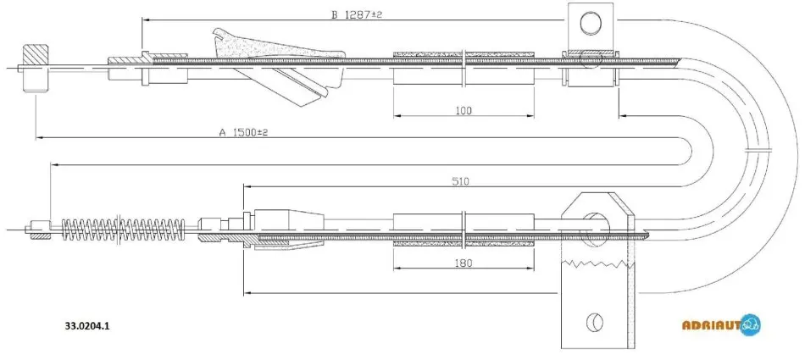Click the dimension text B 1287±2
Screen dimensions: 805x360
(356, 14)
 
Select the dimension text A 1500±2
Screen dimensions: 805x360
(244, 132)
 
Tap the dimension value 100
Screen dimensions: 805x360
(463, 110)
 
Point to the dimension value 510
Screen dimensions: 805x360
(461, 180)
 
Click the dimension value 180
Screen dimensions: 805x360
(463, 263)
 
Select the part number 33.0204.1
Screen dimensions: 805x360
(87, 325)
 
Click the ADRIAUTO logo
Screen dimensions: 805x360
(721, 324)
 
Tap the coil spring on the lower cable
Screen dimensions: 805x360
(123, 229)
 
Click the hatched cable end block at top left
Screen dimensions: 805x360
(36, 68)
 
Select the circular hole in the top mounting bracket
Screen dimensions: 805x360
(591, 23)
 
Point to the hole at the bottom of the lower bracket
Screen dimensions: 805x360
(595, 322)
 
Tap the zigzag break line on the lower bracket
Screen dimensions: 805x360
(595, 263)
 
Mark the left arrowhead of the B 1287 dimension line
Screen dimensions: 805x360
(146, 20)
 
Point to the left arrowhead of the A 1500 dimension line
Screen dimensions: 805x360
(40, 137)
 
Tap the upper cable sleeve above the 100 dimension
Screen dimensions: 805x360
(464, 68)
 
